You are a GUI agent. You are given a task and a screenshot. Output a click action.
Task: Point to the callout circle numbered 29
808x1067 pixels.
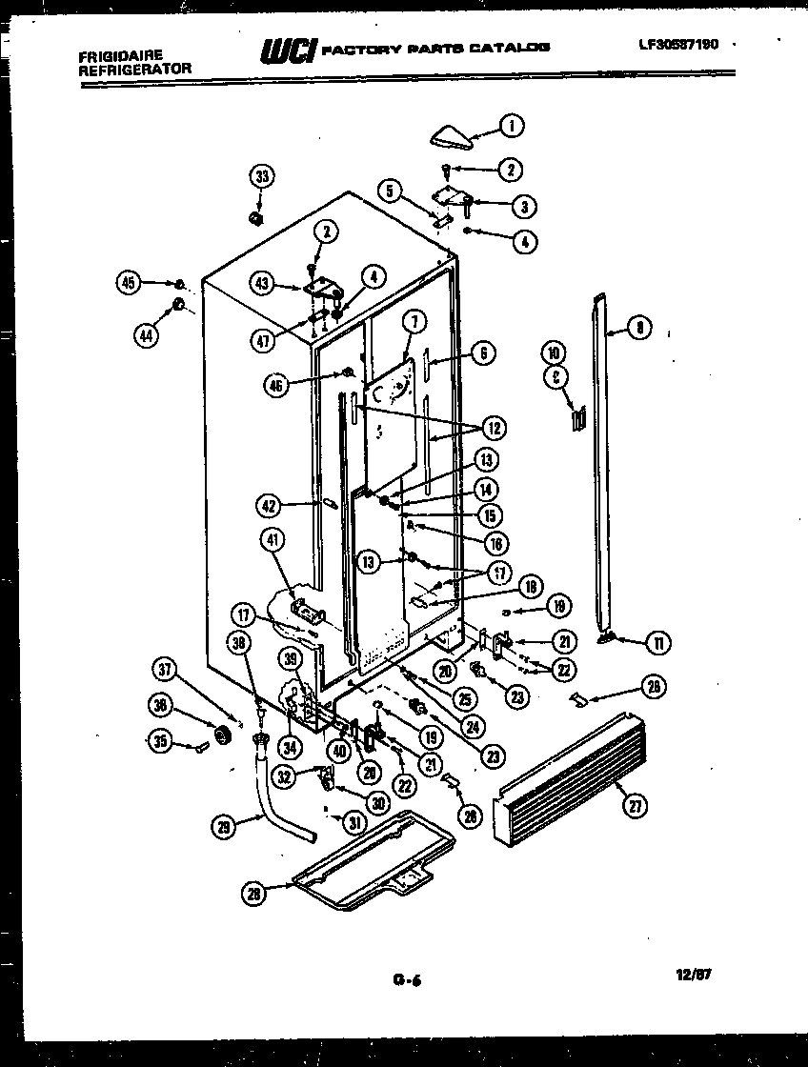(x=223, y=826)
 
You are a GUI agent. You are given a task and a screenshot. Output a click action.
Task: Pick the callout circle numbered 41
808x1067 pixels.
(x=273, y=541)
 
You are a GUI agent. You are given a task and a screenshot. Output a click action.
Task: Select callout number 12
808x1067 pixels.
(x=495, y=427)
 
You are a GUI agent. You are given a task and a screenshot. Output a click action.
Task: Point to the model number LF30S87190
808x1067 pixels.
(x=678, y=45)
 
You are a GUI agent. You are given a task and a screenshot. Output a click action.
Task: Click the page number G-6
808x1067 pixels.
(x=406, y=976)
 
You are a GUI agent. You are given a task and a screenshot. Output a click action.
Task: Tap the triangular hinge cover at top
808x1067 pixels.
(x=452, y=138)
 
